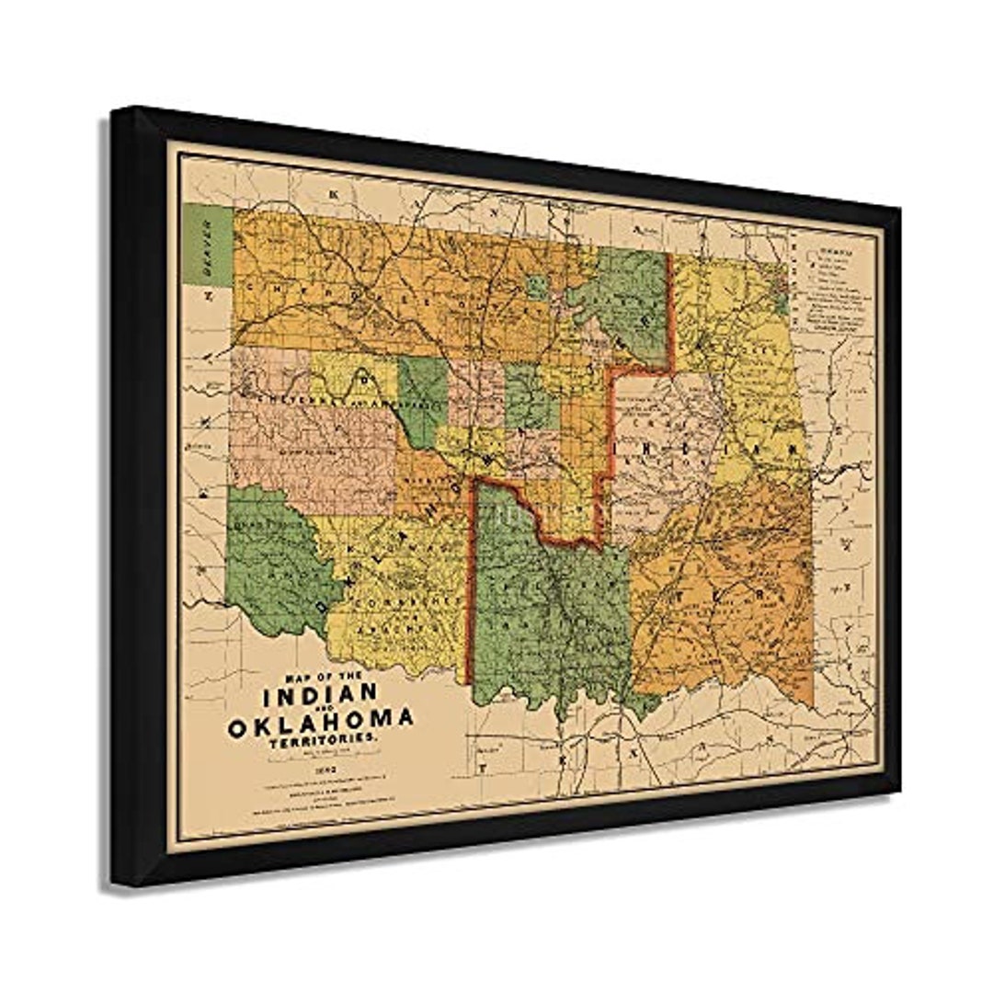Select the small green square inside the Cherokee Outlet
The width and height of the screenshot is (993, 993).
[x=538, y=287]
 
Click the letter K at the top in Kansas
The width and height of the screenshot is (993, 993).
[x=333, y=195]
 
